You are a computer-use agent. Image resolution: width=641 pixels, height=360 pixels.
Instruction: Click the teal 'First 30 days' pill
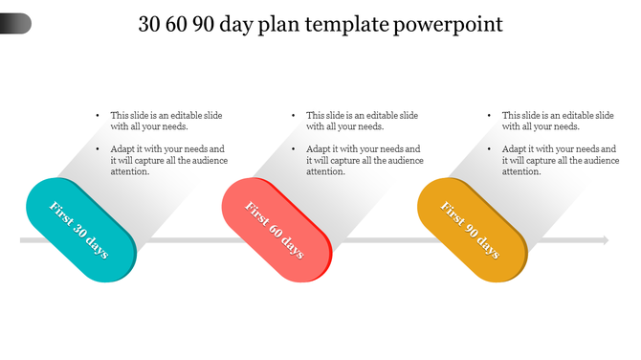80,230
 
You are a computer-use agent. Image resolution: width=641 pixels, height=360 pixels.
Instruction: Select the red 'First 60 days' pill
276,230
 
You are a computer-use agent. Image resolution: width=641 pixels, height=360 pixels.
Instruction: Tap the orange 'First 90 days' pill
473,230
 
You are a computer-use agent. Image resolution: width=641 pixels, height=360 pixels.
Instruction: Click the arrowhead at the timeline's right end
603,240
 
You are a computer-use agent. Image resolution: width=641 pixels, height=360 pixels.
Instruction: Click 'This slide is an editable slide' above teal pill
166,115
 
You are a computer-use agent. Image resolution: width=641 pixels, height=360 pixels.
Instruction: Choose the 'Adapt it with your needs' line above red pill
363,149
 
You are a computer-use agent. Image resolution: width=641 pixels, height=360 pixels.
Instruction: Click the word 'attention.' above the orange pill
521,172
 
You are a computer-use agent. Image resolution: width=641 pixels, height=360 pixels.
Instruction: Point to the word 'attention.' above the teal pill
130,172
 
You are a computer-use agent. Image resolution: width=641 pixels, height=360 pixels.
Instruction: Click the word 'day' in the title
250,24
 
